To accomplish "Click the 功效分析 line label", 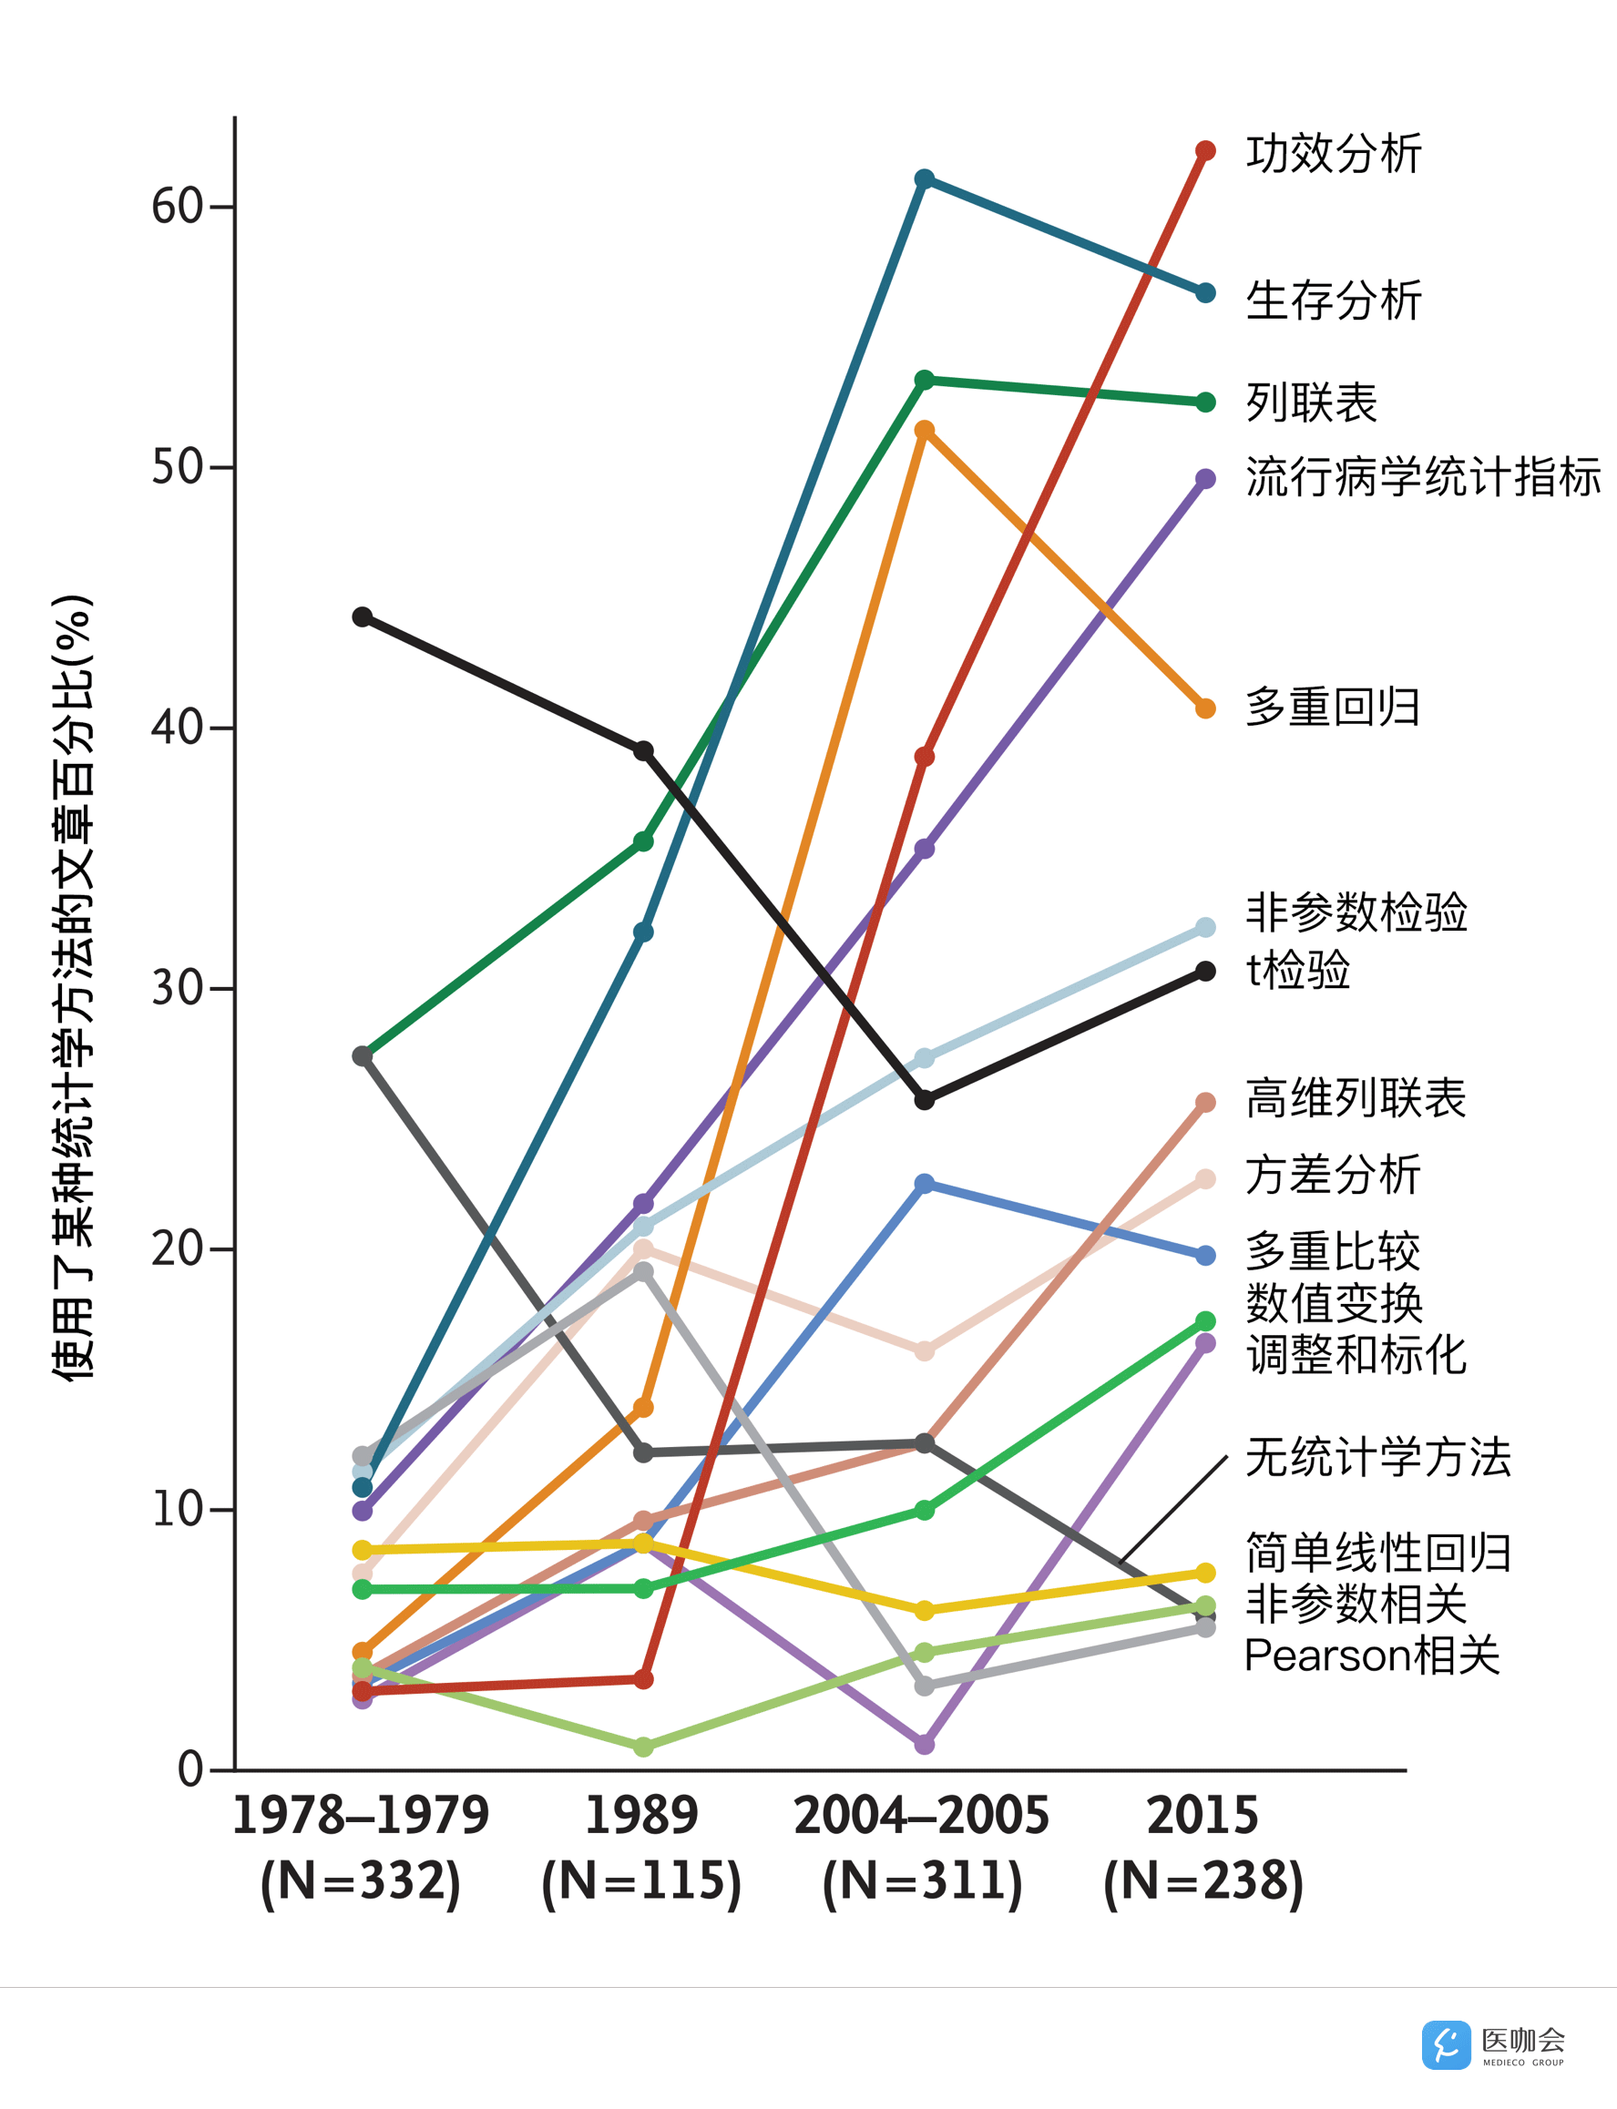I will point(1333,154).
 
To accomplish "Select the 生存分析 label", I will point(1333,301).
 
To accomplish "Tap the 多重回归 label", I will point(1332,708).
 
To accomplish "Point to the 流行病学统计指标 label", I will point(1423,477).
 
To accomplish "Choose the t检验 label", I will point(1297,970).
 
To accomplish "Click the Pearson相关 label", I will point(1372,1656).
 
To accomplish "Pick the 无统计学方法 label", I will point(1378,1457).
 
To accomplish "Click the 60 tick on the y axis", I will point(177,206).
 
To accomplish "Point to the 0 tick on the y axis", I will point(190,1768).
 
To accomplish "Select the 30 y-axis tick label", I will point(177,988).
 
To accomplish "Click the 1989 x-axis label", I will point(641,1816).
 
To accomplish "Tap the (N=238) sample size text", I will point(1203,1880).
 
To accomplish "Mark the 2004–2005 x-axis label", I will point(921,1816).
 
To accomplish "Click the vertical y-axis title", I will point(73,987).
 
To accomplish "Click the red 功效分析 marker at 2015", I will point(1205,151).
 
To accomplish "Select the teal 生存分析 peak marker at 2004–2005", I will point(924,179).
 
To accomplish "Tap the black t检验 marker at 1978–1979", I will point(362,616).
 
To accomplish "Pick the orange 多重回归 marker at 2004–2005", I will point(924,430).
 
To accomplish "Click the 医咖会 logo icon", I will point(1446,2044).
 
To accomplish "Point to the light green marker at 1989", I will point(643,1747).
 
